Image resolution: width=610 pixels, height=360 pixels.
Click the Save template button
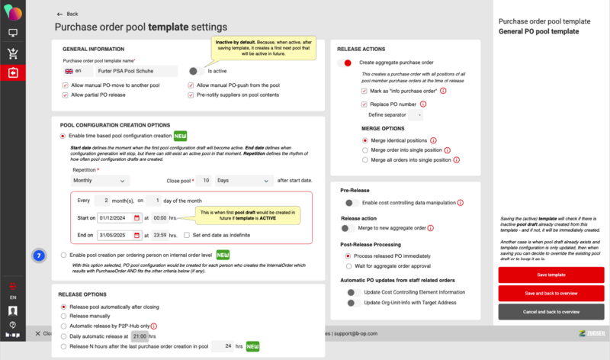tap(551, 274)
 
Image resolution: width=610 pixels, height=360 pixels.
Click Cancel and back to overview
tap(551, 312)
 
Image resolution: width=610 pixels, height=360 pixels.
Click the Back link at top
tap(68, 14)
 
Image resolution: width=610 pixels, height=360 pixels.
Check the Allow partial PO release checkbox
tap(65, 95)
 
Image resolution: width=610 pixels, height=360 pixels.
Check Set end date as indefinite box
tap(187, 235)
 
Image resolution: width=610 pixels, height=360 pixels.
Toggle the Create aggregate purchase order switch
tap(347, 63)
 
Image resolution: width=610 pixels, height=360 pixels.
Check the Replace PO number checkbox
tap(364, 103)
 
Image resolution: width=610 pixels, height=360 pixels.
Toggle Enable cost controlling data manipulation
tap(352, 203)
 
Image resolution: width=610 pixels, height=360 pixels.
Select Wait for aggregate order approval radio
tap(349, 267)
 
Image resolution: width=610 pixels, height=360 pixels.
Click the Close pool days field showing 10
tap(203, 181)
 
